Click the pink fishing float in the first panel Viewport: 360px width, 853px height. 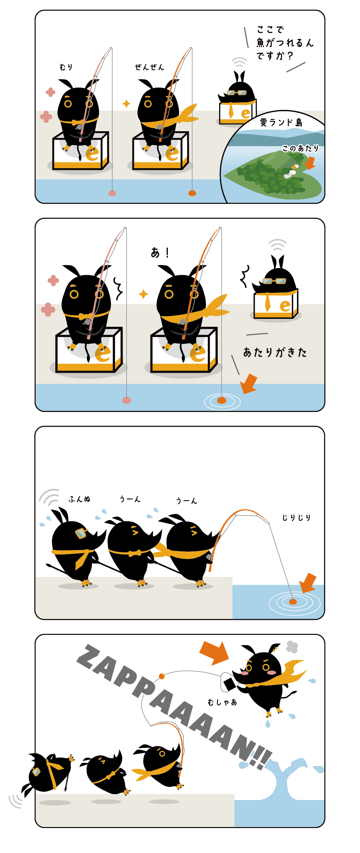(112, 193)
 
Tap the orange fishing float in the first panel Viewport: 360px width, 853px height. (192, 193)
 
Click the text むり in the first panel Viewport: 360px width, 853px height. (66, 67)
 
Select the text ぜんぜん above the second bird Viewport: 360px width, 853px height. (150, 67)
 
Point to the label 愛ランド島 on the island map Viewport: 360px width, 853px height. (281, 123)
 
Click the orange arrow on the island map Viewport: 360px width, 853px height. (310, 163)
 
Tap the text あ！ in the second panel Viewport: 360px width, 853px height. (160, 253)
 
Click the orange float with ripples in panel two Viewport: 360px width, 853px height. (221, 400)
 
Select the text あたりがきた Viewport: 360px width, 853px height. (275, 352)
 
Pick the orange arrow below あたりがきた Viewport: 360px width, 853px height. (249, 384)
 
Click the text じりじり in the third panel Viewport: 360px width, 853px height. (296, 518)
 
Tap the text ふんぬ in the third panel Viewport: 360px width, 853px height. (80, 499)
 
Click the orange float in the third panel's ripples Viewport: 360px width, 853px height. (293, 602)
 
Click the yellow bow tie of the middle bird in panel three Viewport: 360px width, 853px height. (135, 553)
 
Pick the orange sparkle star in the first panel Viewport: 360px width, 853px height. (126, 104)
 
